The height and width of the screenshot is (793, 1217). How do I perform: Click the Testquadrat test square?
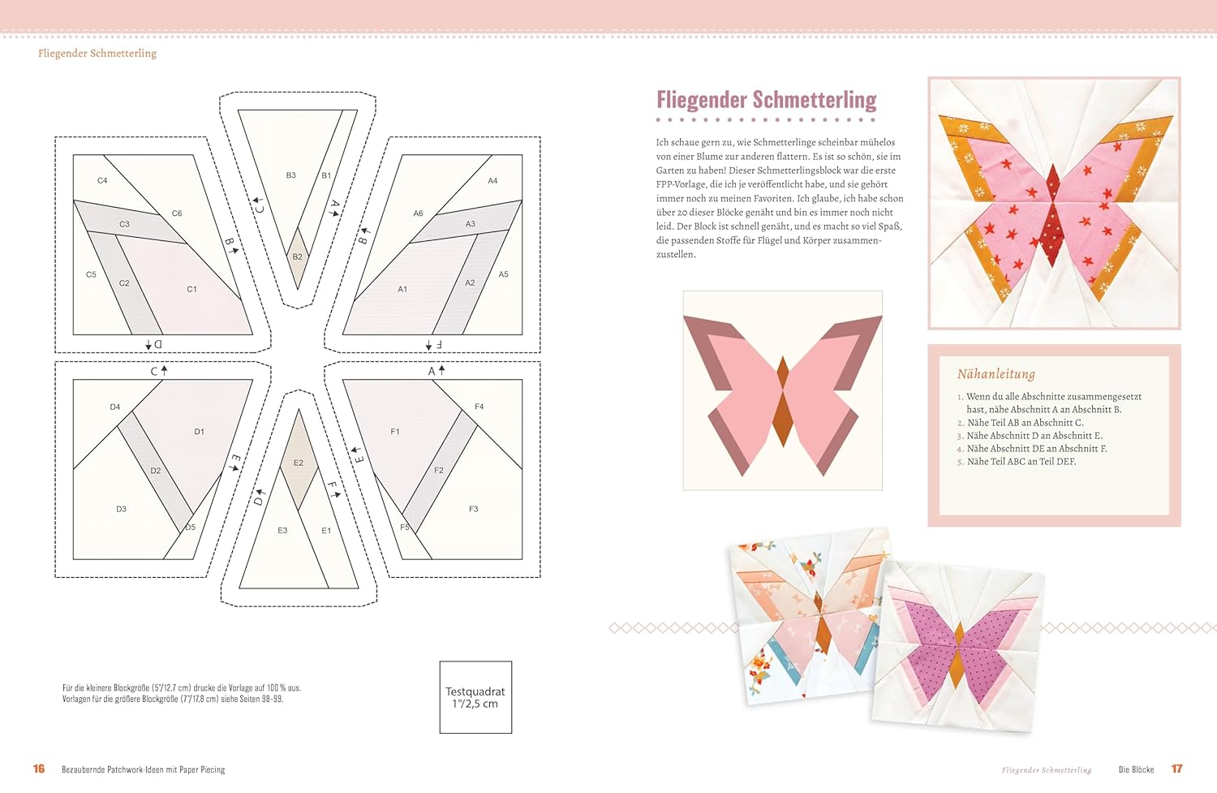tap(475, 697)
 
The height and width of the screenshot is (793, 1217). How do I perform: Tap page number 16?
tap(39, 769)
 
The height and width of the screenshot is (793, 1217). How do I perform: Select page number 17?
tap(1176, 769)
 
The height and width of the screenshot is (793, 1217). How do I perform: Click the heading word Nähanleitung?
tap(996, 374)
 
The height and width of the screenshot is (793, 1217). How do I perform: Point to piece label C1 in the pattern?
tap(191, 289)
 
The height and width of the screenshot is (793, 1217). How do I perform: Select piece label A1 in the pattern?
tap(402, 289)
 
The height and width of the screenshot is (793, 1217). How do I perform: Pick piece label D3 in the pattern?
tap(121, 509)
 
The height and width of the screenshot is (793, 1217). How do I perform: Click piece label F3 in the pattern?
tap(473, 509)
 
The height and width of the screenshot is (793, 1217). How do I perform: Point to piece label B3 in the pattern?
tap(290, 175)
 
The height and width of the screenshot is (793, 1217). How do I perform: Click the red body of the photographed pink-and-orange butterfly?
tap(1053, 217)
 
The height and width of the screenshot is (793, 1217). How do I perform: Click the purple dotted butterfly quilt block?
tap(958, 647)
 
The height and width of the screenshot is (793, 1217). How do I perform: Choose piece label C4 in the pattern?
tap(102, 180)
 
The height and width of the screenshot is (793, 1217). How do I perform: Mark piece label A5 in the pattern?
tap(503, 274)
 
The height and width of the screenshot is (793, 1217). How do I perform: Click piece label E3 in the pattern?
tap(282, 531)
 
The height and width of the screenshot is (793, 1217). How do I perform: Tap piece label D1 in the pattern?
tap(200, 432)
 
